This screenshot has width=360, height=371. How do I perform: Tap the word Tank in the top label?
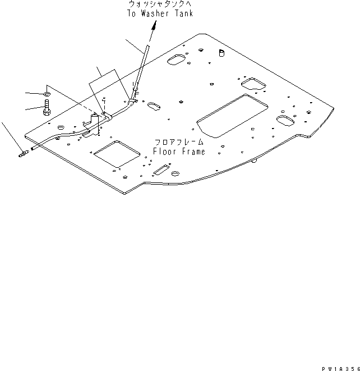tap(183, 13)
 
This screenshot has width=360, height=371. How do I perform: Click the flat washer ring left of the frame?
tap(47, 93)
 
